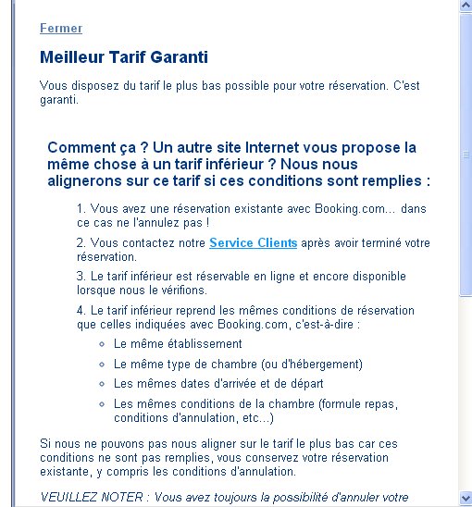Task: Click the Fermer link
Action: click(x=61, y=29)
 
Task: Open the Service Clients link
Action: click(x=253, y=243)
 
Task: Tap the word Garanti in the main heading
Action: click(x=180, y=57)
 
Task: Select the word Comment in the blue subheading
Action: click(x=79, y=147)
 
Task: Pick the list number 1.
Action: click(x=81, y=210)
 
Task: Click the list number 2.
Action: click(x=81, y=243)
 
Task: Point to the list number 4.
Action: click(x=81, y=310)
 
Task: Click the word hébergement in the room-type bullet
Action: click(x=323, y=364)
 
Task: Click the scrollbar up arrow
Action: click(x=466, y=6)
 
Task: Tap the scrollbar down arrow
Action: click(x=466, y=501)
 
